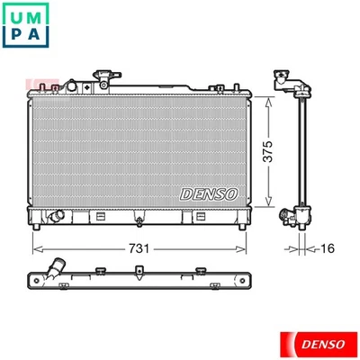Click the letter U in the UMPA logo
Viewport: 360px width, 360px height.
[x=19, y=17]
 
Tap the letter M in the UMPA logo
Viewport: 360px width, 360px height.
[x=41, y=17]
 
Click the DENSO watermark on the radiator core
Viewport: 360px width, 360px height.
[x=209, y=193]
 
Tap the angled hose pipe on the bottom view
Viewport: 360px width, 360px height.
[x=58, y=267]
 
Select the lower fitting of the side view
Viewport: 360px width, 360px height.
[x=293, y=217]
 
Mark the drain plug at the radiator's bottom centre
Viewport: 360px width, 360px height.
[x=137, y=217]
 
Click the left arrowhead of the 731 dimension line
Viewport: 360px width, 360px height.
[x=34, y=247]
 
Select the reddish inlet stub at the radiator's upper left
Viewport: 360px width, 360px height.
[x=36, y=86]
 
